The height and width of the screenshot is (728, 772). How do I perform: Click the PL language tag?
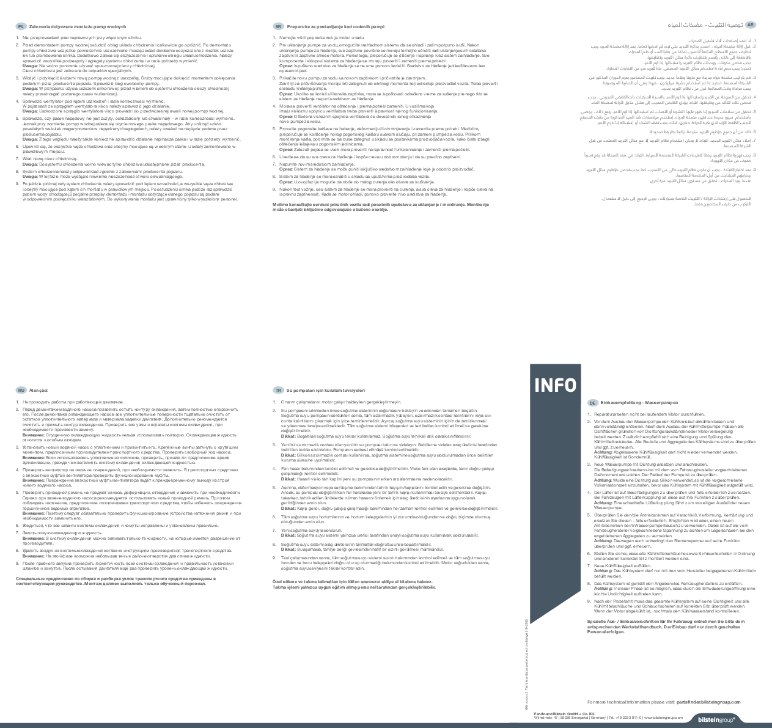21,27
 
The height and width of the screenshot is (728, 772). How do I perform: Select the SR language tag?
278,27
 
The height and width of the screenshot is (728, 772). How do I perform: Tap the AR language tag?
750,24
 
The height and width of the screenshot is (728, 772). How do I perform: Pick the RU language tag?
21,391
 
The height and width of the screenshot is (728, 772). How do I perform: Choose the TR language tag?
278,391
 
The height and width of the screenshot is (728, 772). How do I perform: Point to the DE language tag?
592,403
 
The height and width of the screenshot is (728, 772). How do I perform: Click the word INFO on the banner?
555,385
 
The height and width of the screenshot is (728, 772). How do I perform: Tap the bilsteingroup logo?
716,720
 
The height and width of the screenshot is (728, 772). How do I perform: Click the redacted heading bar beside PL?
78,27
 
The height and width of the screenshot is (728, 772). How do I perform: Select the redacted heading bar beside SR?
336,27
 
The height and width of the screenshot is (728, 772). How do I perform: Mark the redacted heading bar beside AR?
703,24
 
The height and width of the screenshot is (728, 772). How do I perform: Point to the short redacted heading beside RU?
39,391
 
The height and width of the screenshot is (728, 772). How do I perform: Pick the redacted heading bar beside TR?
327,391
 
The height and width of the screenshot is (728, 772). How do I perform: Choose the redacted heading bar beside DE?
640,403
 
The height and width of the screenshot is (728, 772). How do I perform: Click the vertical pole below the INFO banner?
526,666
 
